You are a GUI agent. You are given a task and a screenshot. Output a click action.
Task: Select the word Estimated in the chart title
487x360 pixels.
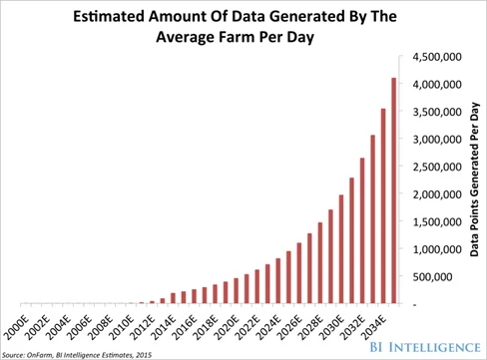tap(108, 14)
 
